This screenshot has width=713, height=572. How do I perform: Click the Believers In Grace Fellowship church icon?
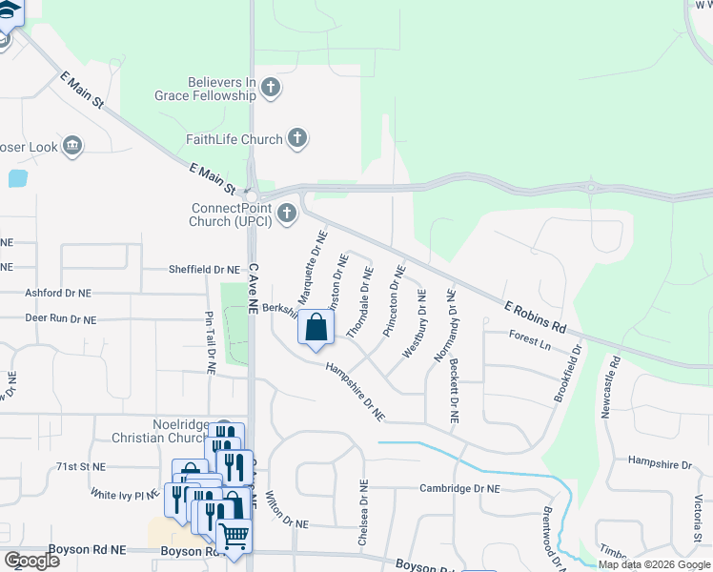pos(271,89)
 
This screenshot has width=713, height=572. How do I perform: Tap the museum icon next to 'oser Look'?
pos(71,146)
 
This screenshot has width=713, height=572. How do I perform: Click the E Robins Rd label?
pos(536,316)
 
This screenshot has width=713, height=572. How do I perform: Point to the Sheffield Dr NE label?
pos(204,270)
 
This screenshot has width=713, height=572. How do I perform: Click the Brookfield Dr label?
pos(570,375)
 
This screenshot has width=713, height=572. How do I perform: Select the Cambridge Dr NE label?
pos(459,488)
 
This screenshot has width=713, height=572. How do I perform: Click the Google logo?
pos(31,561)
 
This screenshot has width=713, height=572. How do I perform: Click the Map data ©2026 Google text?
pos(655,565)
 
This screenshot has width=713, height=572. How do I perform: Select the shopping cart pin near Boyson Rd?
pos(234,536)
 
